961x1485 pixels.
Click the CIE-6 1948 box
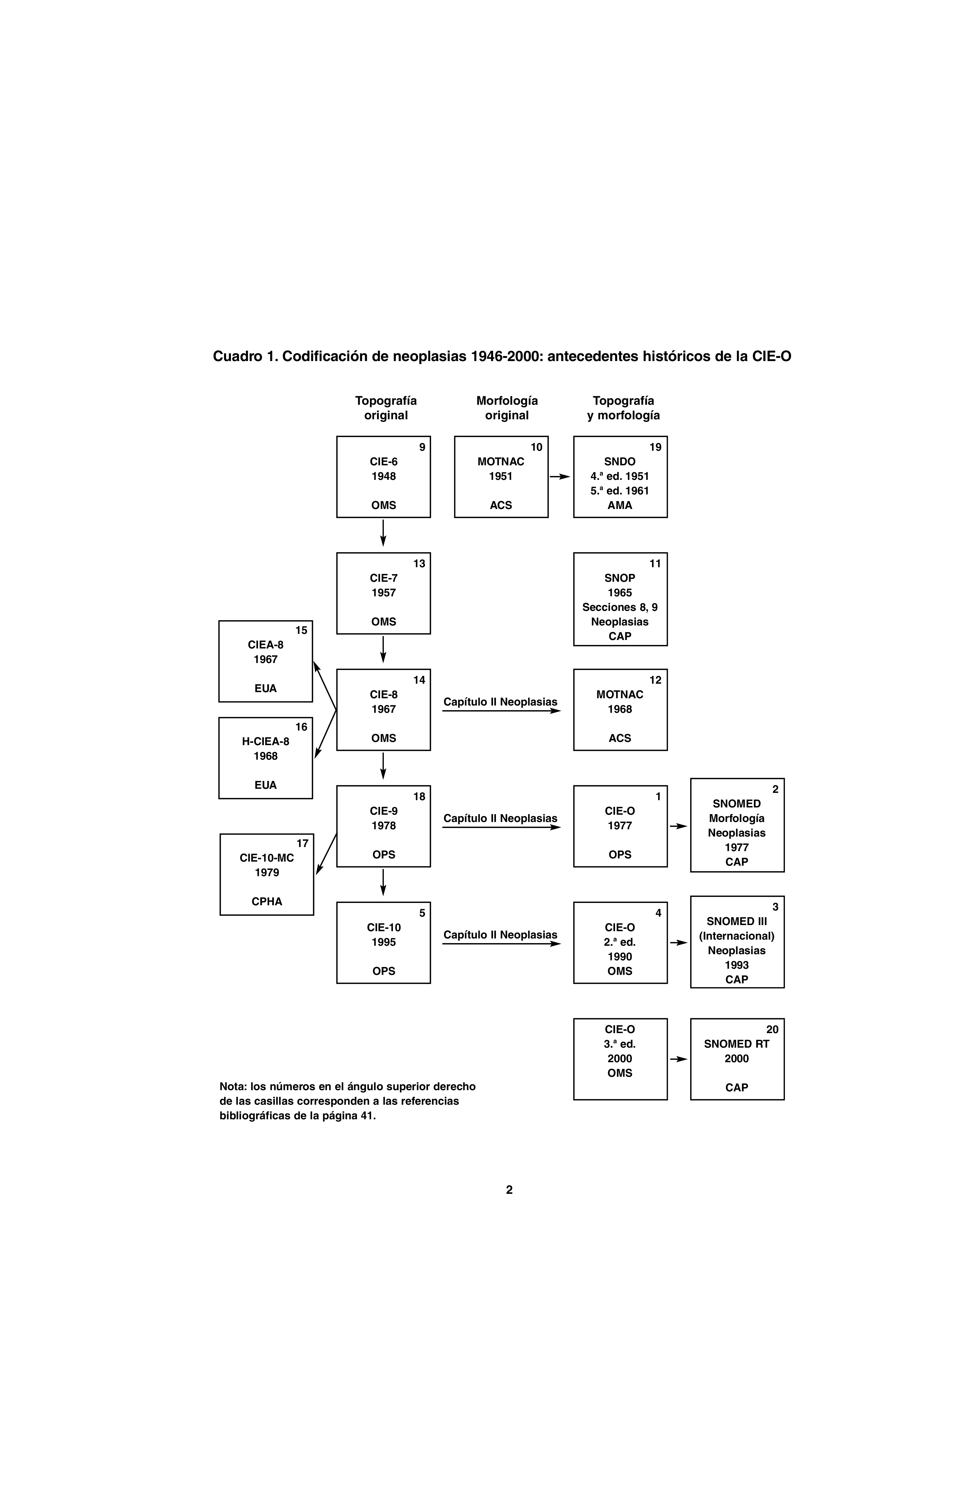[383, 477]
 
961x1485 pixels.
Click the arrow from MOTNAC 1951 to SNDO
[560, 477]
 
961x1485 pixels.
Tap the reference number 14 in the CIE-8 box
[419, 680]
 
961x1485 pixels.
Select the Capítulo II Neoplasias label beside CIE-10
[500, 935]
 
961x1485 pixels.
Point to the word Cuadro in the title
[237, 356]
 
